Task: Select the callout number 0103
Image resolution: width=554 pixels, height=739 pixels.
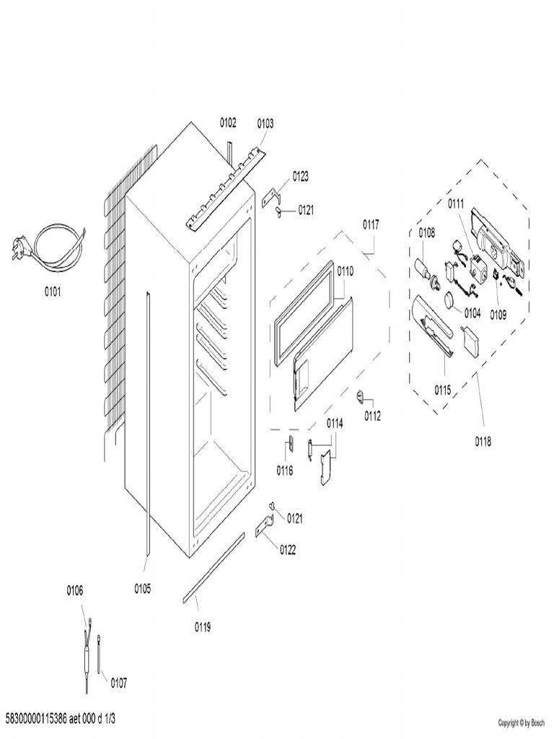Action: pyautogui.click(x=265, y=123)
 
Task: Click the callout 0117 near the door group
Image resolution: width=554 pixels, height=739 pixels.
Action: pyautogui.click(x=370, y=224)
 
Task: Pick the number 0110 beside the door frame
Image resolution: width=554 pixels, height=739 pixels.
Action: pyautogui.click(x=345, y=271)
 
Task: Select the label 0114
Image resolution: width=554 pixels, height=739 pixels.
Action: pyautogui.click(x=334, y=423)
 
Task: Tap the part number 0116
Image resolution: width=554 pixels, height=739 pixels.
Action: pyautogui.click(x=284, y=471)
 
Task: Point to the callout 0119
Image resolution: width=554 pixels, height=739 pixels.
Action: pyautogui.click(x=203, y=626)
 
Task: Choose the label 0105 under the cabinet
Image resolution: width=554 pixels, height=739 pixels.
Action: pyautogui.click(x=142, y=588)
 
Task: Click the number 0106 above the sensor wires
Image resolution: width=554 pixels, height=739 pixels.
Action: pyautogui.click(x=74, y=590)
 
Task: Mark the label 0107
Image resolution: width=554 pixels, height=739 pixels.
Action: pyautogui.click(x=119, y=682)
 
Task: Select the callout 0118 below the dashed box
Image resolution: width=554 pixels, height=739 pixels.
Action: pyautogui.click(x=483, y=442)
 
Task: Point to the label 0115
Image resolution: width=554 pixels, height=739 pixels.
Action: pyautogui.click(x=442, y=390)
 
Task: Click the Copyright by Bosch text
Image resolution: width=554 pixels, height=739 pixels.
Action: pyautogui.click(x=521, y=722)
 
